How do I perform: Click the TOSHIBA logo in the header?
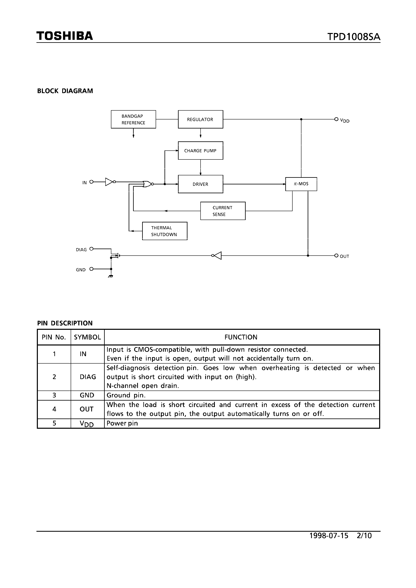(65, 36)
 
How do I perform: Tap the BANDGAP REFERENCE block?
(133, 119)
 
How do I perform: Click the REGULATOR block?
(200, 119)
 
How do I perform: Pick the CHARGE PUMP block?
(200, 151)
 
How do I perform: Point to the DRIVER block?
(200, 184)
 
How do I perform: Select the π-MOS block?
(301, 184)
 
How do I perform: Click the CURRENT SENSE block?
(223, 211)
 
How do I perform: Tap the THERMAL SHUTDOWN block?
(164, 231)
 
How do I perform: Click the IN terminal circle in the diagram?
(91, 182)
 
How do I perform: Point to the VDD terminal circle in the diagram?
(336, 119)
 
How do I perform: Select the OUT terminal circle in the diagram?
(336, 256)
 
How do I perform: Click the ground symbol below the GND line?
(111, 276)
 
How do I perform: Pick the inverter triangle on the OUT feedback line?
(217, 256)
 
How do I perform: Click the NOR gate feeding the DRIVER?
(147, 184)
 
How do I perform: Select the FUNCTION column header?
(241, 337)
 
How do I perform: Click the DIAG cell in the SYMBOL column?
(88, 377)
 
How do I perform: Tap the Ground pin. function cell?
(126, 395)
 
